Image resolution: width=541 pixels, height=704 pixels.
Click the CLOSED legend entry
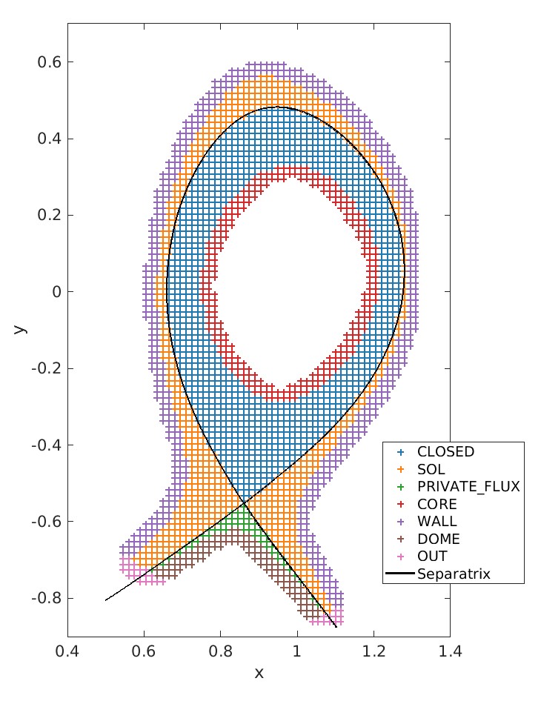point(445,451)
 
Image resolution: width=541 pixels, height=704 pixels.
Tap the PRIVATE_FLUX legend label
point(468,487)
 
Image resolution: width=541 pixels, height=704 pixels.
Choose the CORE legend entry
point(437,504)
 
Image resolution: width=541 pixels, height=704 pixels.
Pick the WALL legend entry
point(437,522)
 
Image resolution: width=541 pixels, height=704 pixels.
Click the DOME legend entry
point(438,539)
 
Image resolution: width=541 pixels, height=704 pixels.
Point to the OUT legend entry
point(432,557)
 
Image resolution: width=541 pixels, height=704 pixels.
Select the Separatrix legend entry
point(454,574)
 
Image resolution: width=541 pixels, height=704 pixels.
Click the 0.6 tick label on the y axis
point(49,62)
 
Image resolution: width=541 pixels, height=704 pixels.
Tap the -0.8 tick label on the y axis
point(47,598)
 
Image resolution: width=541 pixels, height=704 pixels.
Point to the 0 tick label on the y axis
point(55,291)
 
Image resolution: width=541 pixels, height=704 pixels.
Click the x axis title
point(259,673)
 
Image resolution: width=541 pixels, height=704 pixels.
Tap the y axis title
point(20,327)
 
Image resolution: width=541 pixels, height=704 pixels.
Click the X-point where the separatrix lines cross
point(244,503)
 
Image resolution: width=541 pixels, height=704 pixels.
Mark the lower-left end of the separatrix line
point(105,600)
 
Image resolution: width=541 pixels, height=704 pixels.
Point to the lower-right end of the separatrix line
point(336,628)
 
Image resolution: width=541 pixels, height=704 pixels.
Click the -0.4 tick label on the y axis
point(47,445)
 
